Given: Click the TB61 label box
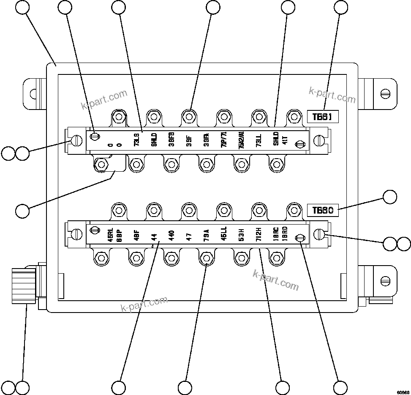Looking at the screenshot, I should coord(323,117).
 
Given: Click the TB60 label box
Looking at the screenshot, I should coord(323,210).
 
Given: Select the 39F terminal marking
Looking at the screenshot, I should coord(188,140).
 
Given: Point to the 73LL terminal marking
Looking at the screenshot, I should coord(258,140).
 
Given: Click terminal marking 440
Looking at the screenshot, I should coord(171,235).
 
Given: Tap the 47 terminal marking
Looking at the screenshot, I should coord(189,235).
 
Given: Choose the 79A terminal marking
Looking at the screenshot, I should coord(206,235).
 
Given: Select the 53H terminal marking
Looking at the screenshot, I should coord(241,235).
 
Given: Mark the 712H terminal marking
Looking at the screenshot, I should coord(259,235).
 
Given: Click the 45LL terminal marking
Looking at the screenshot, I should coord(224,235).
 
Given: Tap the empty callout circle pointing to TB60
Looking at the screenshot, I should coord(390,197).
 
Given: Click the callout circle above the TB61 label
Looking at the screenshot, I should coord(341,7).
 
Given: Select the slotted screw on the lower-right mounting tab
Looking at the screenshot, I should coord(384,280).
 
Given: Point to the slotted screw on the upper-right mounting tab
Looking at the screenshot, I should coord(384,93).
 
